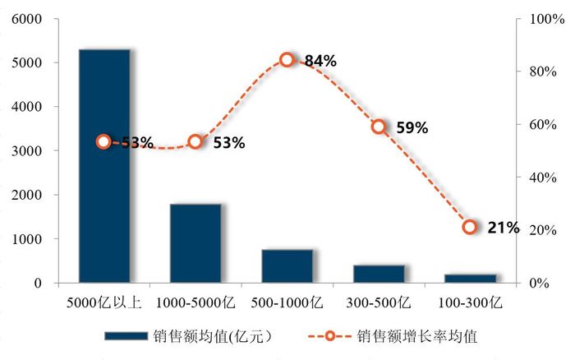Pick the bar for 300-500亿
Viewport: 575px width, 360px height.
click(379, 274)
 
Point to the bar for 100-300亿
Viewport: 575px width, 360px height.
click(470, 279)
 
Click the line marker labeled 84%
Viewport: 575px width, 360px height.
click(287, 60)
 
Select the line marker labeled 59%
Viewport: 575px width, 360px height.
click(379, 127)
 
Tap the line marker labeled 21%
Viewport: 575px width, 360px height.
click(470, 227)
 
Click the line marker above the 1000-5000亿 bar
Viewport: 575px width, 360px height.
click(195, 141)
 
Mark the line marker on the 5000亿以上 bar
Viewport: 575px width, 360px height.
click(103, 141)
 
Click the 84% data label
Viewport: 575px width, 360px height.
click(320, 61)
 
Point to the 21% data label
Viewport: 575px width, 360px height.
click(503, 228)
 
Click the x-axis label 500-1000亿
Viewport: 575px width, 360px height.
click(287, 302)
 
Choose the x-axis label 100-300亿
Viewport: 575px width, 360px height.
click(470, 302)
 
